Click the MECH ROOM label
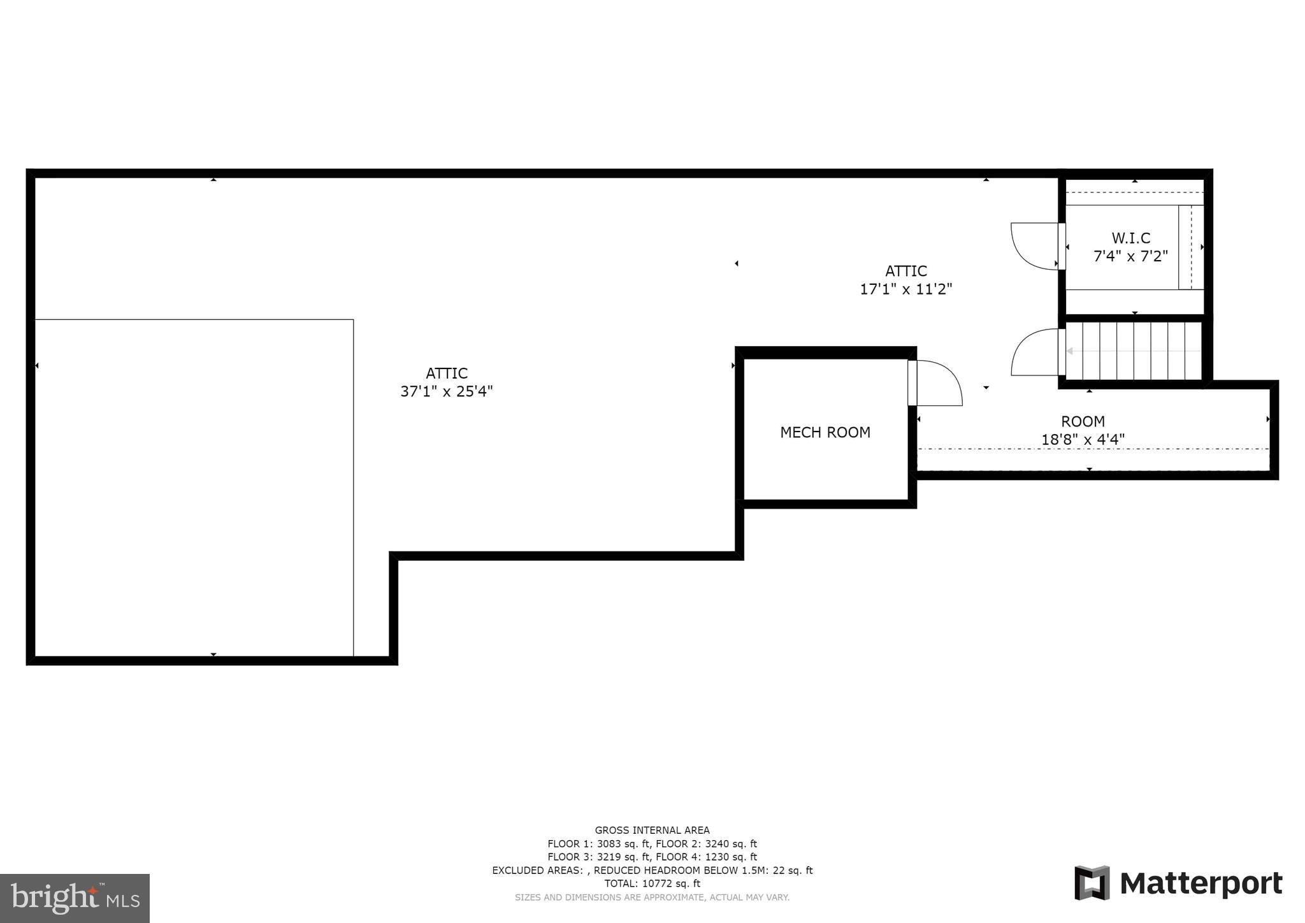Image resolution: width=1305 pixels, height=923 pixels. pyautogui.click(x=825, y=432)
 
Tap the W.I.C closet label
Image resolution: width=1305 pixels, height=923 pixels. pyautogui.click(x=1131, y=238)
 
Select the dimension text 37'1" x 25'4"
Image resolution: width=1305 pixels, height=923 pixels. pyautogui.click(x=446, y=391)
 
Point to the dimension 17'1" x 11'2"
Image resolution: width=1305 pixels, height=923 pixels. pyautogui.click(x=905, y=289)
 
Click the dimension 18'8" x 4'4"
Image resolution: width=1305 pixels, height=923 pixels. pyautogui.click(x=1083, y=439)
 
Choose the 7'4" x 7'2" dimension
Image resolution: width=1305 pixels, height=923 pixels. pyautogui.click(x=1130, y=256)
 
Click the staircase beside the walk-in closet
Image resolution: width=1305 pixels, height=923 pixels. pyautogui.click(x=1133, y=351)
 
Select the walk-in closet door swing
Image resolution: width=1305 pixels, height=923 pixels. pyautogui.click(x=1034, y=245)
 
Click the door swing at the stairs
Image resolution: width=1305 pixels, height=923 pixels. pyautogui.click(x=1034, y=352)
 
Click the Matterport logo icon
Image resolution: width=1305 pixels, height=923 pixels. pyautogui.click(x=1092, y=883)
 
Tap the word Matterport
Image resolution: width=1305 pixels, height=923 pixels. pyautogui.click(x=1200, y=884)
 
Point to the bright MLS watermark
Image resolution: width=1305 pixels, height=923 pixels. pyautogui.click(x=75, y=898)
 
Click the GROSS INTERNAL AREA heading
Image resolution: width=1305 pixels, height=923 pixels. pyautogui.click(x=652, y=830)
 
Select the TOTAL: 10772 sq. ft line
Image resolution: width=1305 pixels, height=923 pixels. pyautogui.click(x=652, y=883)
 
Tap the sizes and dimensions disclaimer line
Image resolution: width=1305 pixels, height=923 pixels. pyautogui.click(x=652, y=898)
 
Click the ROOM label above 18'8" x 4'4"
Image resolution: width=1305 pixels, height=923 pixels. pyautogui.click(x=1083, y=421)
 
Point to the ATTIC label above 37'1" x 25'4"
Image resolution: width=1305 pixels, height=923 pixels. pyautogui.click(x=446, y=373)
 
